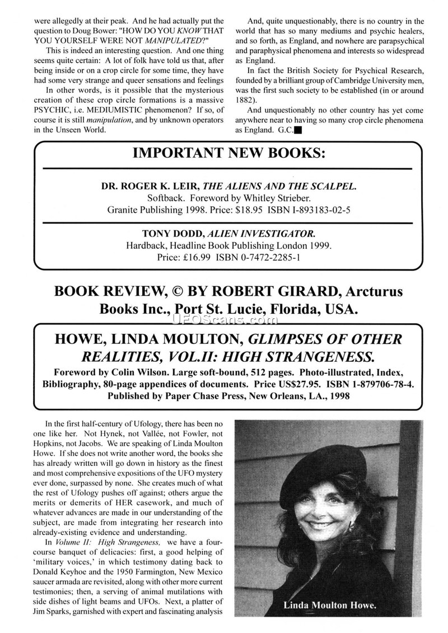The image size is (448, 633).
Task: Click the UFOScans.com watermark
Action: (227, 319)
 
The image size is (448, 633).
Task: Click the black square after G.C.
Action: (297, 132)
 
